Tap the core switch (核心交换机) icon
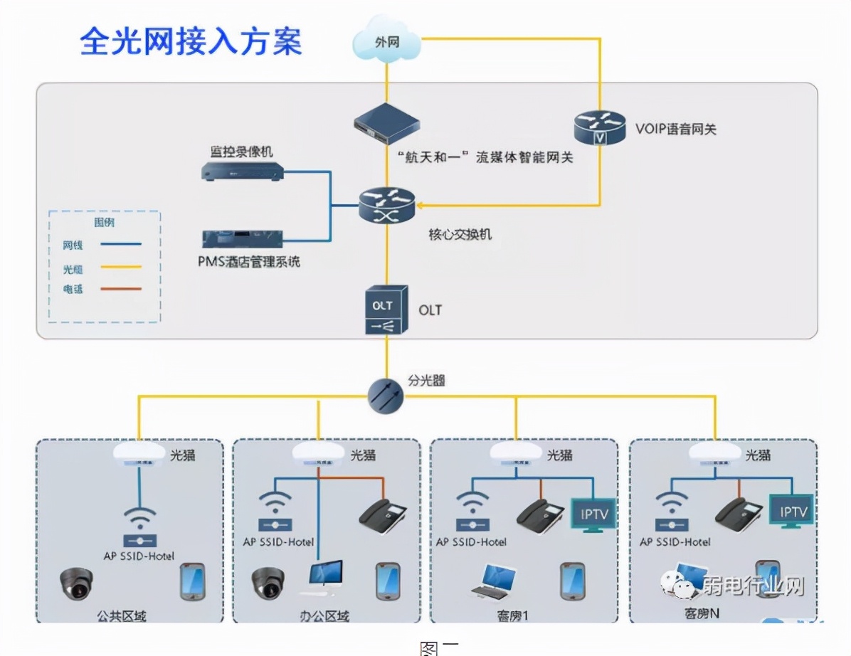point(386,206)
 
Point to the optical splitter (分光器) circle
point(386,396)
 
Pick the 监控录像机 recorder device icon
point(242,171)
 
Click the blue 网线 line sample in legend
point(120,244)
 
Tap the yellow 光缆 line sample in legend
point(120,267)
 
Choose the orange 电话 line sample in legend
point(120,289)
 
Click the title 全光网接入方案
point(191,41)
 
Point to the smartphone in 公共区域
point(192,581)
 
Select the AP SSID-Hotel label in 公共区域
point(139,556)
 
